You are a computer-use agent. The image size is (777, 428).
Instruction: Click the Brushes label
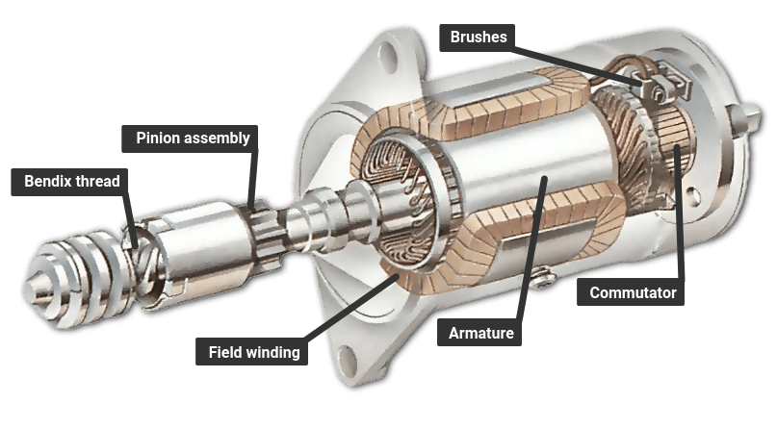[x=479, y=38]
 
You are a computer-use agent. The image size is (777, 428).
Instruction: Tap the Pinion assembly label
[x=193, y=138]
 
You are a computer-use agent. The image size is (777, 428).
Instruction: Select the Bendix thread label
[x=72, y=181]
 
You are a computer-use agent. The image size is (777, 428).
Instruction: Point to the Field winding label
[x=254, y=352]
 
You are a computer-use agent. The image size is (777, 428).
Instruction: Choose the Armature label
[x=481, y=334]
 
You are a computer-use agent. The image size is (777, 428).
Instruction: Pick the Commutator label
[x=633, y=292]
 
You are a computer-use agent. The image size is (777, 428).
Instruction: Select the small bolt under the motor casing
[x=541, y=279]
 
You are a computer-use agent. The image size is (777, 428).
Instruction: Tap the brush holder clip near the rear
[x=664, y=89]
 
